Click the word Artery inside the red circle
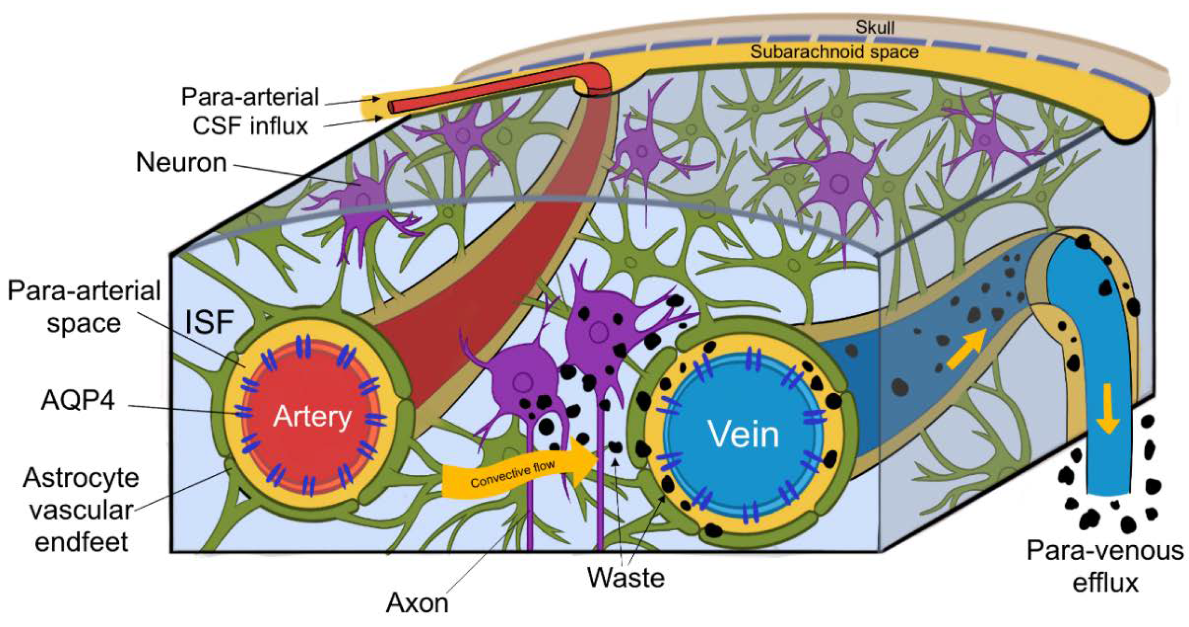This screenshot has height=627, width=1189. point(312,417)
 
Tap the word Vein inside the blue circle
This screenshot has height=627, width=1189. point(744,434)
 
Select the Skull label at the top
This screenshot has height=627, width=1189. point(875,28)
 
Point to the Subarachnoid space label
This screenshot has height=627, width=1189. point(834,52)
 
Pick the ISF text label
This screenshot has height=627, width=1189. point(209,322)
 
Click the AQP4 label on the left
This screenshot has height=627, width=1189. point(78,400)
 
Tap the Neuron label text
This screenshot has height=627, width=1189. point(181,163)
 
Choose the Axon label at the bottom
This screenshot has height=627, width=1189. point(417,603)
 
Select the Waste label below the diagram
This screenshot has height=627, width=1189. point(626,577)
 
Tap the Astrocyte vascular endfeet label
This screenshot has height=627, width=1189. point(81,510)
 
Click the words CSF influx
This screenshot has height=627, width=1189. point(250,126)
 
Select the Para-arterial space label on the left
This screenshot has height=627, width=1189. point(84,307)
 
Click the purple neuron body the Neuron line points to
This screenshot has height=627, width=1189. point(362,196)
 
